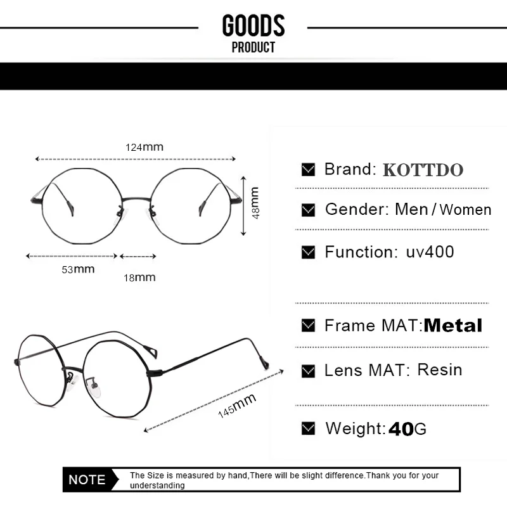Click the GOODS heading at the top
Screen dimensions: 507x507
click(253, 25)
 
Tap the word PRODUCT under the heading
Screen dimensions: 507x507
click(253, 47)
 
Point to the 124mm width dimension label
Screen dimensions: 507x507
click(144, 148)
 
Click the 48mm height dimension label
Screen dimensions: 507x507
click(255, 203)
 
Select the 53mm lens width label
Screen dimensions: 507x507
click(78, 269)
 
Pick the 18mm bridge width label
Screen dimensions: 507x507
click(139, 278)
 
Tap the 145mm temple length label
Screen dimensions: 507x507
click(237, 406)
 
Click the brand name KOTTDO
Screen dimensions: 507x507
click(423, 170)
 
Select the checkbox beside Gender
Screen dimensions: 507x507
click(308, 210)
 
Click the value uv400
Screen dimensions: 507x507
click(430, 252)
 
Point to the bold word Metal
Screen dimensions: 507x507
click(452, 326)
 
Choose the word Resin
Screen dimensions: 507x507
click(440, 370)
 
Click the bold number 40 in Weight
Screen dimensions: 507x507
click(401, 429)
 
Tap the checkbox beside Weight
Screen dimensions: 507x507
click(308, 428)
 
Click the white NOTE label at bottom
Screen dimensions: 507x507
click(87, 480)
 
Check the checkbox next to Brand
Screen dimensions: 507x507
click(308, 169)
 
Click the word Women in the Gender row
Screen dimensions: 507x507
click(466, 210)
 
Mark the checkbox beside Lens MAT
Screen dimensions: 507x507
click(308, 371)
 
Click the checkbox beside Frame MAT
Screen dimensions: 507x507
click(308, 325)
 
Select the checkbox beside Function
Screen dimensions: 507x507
click(308, 252)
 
